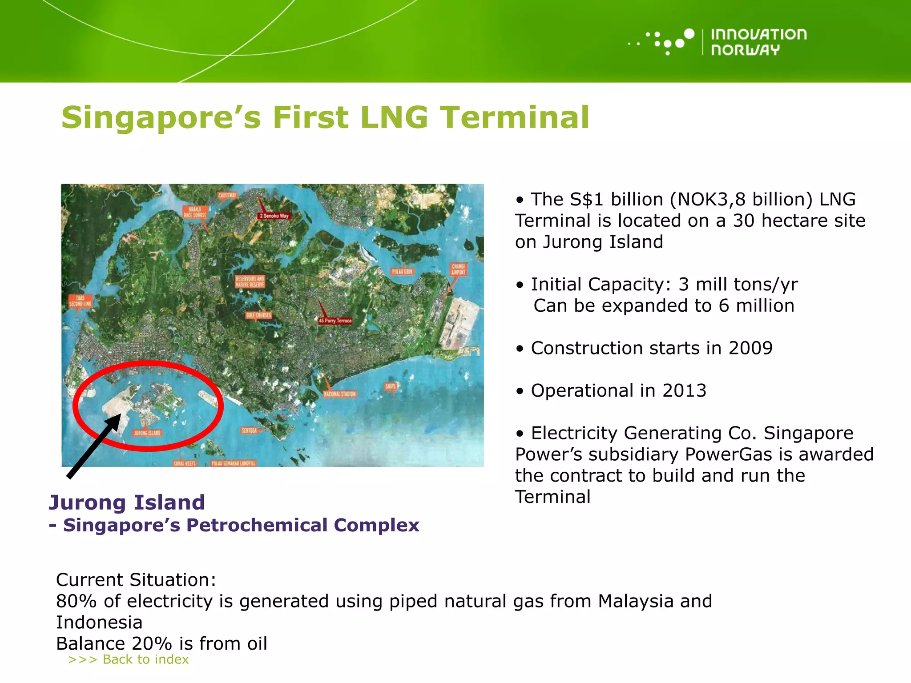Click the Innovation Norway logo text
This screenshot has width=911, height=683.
pos(758,42)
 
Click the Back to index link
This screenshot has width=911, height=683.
pos(129,659)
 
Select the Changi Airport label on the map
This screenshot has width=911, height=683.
pos(458,269)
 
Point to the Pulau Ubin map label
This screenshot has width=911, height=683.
pos(402,271)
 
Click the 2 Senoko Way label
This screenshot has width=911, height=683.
pos(274,216)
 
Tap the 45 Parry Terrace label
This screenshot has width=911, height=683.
pos(335,320)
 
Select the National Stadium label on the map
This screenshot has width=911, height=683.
pos(340,394)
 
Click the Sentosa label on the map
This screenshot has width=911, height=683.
pos(249,430)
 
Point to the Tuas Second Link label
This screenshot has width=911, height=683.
pos(80,301)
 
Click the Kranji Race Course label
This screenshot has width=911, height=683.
pos(195,212)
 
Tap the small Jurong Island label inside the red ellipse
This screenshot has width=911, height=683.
pos(147,433)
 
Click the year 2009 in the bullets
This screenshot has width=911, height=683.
pos(750,348)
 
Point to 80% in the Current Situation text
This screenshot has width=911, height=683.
pos(76,601)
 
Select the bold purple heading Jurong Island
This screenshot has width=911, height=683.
pos(127,502)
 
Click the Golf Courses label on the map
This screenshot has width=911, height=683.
pos(258,315)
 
